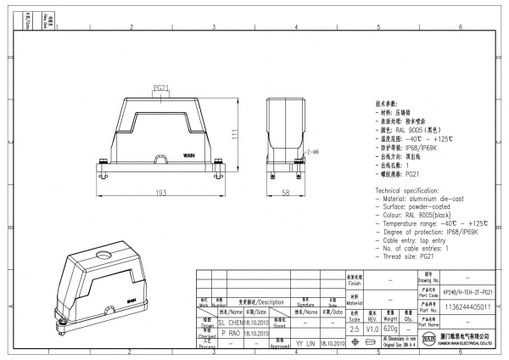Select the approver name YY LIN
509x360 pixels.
click(x=304, y=345)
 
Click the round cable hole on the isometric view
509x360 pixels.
click(x=103, y=253)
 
